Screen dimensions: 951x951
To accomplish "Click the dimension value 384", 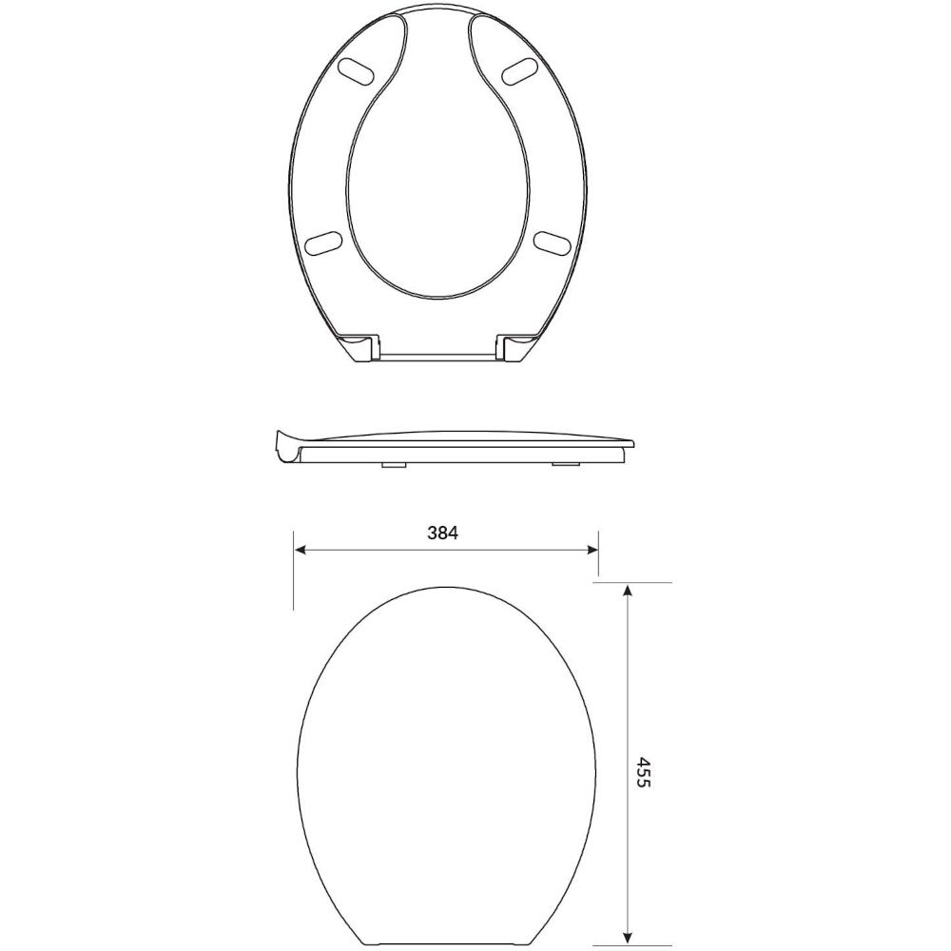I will pos(443,534).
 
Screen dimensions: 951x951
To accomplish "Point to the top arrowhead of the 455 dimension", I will pos(627,591).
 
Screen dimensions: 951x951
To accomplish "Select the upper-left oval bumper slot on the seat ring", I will pos(359,70).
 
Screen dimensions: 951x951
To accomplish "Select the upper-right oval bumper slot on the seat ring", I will pos(524,70).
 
